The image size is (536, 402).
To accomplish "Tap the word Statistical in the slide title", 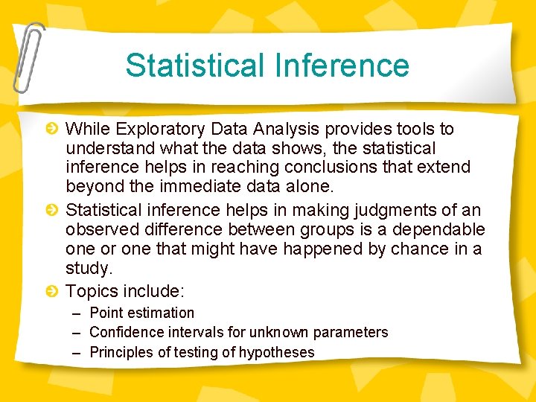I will pos(194,65).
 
